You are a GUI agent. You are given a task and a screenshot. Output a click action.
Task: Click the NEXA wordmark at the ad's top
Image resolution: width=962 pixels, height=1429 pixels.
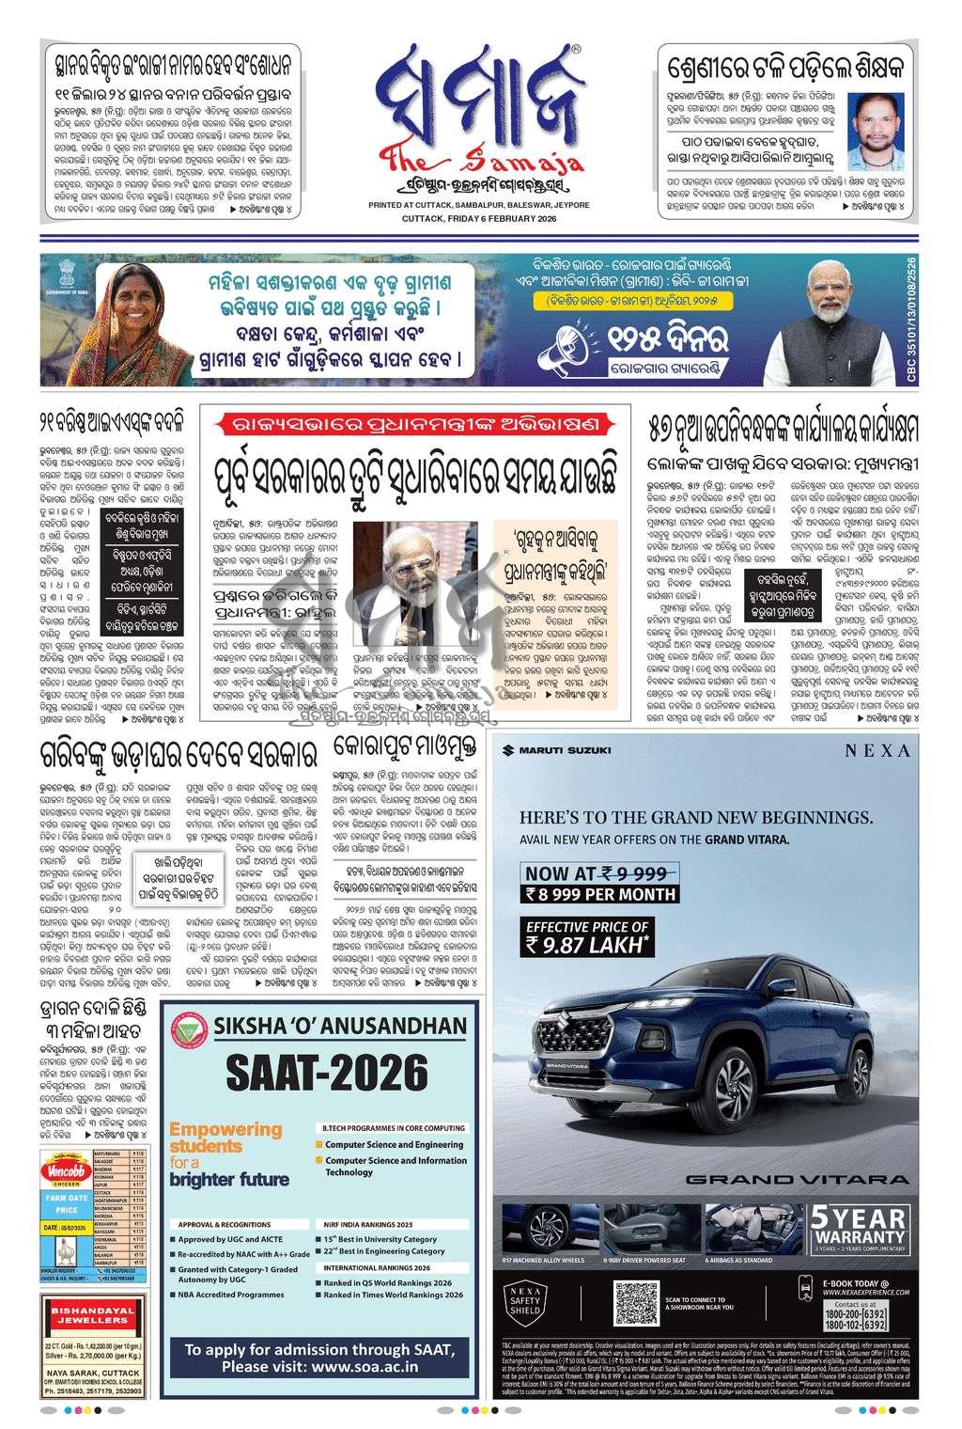(x=877, y=750)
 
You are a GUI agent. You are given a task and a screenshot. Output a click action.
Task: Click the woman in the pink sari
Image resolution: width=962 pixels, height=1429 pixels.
(x=129, y=321)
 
